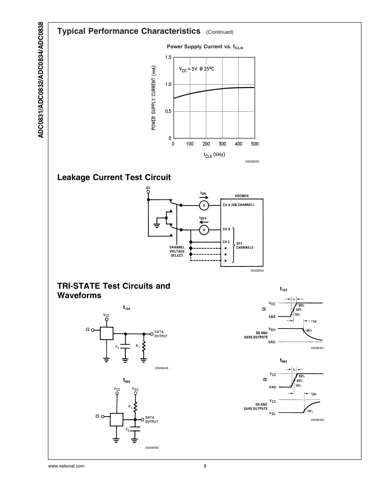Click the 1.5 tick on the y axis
click(168, 57)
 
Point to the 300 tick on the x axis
click(222, 144)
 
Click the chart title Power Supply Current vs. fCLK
click(205, 47)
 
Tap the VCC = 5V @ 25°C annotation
click(197, 69)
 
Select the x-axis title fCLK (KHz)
click(214, 155)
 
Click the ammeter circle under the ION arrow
click(204, 205)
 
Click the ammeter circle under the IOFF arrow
click(204, 230)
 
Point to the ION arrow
click(204, 198)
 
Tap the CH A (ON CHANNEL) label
click(238, 205)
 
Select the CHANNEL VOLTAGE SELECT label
click(177, 251)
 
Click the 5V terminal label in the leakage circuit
click(148, 188)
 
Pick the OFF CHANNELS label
click(245, 246)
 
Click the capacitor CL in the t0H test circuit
click(135, 429)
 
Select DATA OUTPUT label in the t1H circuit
click(161, 334)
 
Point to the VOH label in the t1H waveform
click(272, 329)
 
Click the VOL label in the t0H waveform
click(272, 413)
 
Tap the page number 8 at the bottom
click(205, 466)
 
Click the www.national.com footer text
click(66, 466)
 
